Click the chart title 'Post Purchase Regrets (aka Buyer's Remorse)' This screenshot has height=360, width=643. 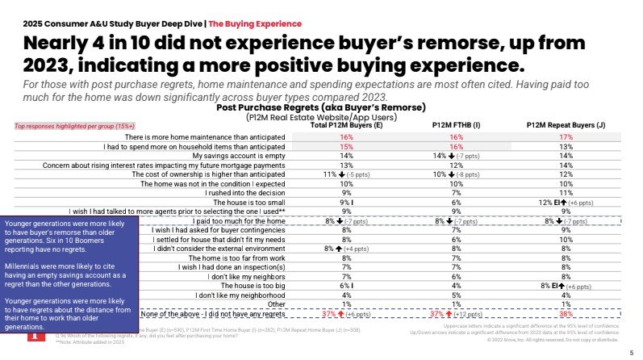[321, 107]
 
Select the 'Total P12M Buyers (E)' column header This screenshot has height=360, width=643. [346, 125]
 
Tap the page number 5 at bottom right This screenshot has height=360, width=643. [631, 353]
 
